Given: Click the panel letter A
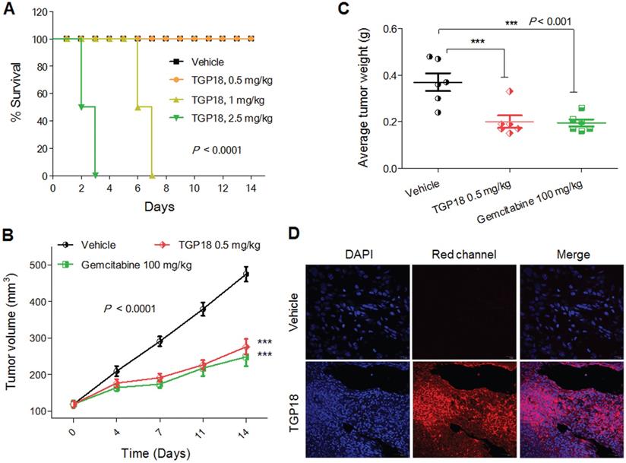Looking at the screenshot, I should tap(8, 10).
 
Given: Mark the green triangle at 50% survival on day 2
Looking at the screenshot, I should tap(81, 107).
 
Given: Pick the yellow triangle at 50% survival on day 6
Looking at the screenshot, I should tap(138, 107).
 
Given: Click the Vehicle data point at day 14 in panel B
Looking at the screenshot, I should tap(245, 274).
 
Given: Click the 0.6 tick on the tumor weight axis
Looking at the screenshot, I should tap(388, 28).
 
